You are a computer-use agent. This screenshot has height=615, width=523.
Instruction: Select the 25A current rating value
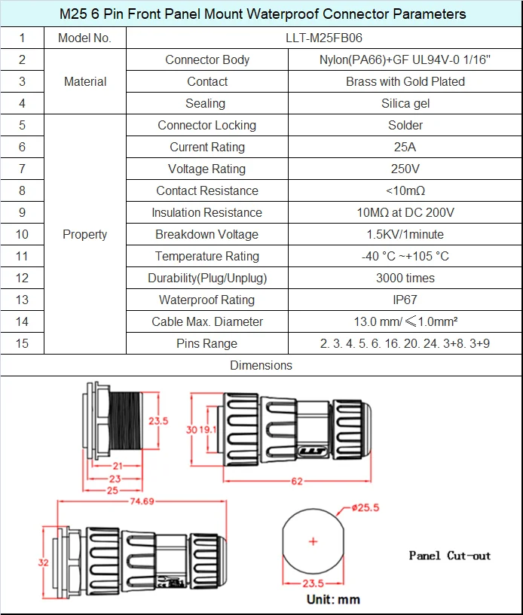pos(405,147)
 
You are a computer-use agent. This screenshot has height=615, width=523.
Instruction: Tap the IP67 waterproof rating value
pos(405,300)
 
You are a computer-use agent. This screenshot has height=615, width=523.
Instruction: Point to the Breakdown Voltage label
pos(206,234)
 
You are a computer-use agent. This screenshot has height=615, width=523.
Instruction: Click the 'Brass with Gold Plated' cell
pos(405,81)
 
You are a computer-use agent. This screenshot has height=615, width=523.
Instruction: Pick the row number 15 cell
pos(22,343)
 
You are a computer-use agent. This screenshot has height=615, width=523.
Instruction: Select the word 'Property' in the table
pos(85,234)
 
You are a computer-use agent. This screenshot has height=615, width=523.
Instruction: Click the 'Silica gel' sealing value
pos(405,103)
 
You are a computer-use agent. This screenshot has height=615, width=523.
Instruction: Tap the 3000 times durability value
pos(405,278)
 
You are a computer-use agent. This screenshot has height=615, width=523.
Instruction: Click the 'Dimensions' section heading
pos(261,365)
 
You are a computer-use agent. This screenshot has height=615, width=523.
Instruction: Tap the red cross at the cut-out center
pos(313,541)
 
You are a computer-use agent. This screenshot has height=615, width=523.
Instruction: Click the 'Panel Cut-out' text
pos(449,556)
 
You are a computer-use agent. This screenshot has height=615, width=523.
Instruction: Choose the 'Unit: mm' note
pos(333,600)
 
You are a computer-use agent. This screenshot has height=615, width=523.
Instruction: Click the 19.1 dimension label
pos(208,429)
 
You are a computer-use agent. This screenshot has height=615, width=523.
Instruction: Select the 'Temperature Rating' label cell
pos(206,256)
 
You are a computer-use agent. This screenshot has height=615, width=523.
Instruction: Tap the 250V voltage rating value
pos(405,169)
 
